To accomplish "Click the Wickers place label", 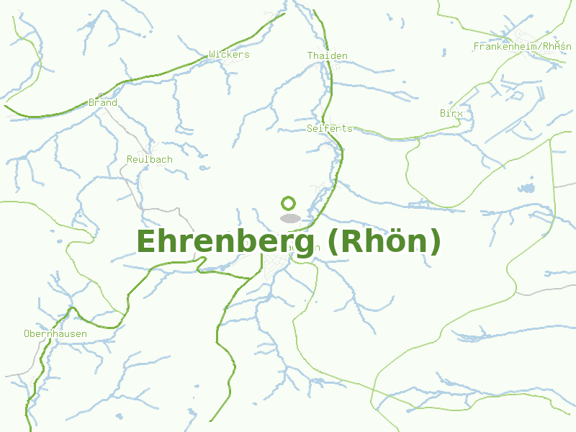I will (229, 55).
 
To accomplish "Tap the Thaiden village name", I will (327, 56).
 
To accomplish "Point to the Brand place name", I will (102, 103).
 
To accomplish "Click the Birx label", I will (451, 114).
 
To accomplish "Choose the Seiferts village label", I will (330, 129).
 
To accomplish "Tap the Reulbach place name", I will (150, 160).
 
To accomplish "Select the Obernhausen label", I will (55, 334).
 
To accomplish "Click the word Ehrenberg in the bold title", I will (225, 242).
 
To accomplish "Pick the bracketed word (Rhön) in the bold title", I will (383, 242).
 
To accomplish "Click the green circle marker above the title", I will (289, 203).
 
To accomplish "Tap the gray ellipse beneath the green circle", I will (289, 218).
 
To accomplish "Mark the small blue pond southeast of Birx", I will (527, 189).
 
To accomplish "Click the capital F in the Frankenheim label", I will (477, 47).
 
